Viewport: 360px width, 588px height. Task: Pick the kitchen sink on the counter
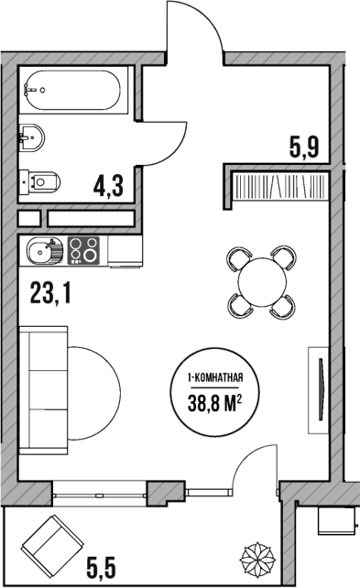[42, 248]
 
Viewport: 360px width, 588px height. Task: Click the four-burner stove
[85, 248]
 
